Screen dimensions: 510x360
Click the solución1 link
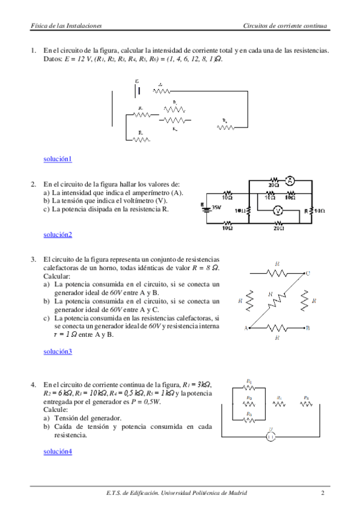(58, 159)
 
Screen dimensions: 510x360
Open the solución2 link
(58, 235)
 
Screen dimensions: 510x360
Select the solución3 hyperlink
(58, 351)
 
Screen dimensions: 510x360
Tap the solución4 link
(58, 451)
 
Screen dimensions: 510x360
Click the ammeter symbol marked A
(290, 180)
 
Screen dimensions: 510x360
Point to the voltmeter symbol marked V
(277, 210)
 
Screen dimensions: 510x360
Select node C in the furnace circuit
(308, 274)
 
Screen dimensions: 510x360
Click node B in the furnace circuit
(308, 328)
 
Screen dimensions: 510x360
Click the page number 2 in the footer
(323, 494)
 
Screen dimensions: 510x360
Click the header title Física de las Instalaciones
(66, 26)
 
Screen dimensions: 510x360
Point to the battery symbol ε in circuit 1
(139, 90)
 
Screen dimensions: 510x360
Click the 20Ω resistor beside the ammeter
(273, 180)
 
